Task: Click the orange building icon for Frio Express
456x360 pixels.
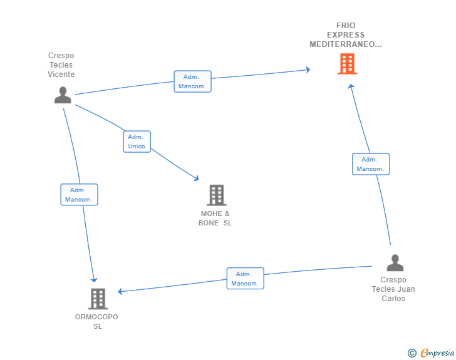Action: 347,64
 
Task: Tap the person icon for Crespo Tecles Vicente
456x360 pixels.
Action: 63,95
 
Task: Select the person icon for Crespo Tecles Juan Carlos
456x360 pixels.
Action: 395,262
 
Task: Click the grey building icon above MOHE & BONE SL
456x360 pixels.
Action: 217,195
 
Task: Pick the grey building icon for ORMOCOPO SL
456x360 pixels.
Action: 98,299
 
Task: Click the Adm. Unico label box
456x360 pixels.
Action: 137,141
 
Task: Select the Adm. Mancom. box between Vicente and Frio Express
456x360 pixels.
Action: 192,81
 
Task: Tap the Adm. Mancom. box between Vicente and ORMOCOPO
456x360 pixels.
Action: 79,195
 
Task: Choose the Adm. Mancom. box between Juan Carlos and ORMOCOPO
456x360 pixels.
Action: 245,278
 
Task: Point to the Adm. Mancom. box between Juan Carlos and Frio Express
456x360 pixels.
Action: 371,164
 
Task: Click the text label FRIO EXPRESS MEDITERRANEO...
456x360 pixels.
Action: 346,35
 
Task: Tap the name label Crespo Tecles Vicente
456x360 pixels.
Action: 61,65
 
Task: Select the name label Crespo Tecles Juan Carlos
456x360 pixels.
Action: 393,289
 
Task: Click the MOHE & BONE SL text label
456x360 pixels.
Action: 215,219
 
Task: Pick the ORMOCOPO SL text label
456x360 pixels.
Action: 96,322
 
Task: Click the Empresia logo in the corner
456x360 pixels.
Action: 437,352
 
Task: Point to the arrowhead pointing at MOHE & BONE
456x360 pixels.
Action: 196,178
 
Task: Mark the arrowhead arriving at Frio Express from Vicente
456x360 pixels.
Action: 308,69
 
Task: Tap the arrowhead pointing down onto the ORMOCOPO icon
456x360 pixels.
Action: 94,280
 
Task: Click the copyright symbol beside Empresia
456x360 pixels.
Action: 412,353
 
